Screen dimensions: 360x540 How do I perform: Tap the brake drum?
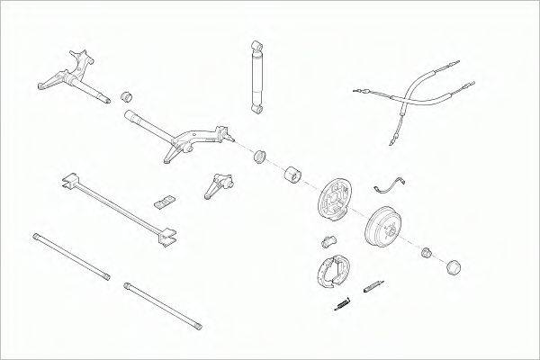(x=386, y=228)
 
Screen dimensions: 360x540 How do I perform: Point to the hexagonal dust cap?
(x=454, y=266)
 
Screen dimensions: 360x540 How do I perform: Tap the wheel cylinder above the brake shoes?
(x=328, y=240)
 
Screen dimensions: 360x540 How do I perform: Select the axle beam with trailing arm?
(x=180, y=134)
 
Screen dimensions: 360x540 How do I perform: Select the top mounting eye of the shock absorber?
(x=256, y=44)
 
